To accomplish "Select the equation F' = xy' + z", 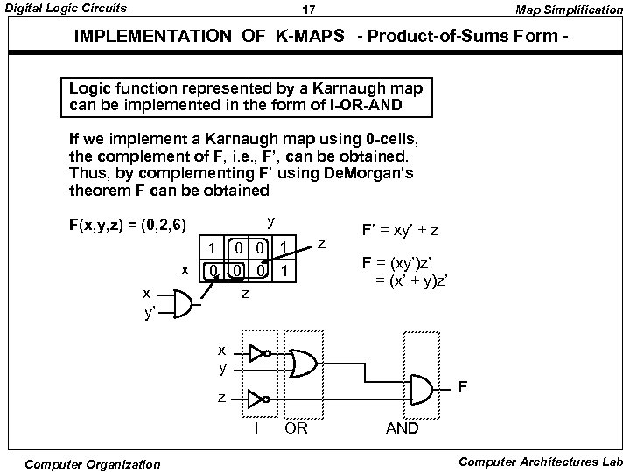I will pos(402,231).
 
